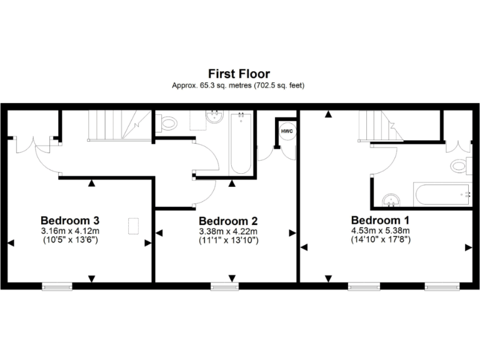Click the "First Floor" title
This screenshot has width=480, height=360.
click(240, 74)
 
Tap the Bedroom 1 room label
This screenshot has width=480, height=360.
click(380, 220)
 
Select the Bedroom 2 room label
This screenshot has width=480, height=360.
click(228, 221)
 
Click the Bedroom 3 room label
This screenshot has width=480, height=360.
click(70, 220)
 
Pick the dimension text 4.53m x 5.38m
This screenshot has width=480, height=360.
click(380, 229)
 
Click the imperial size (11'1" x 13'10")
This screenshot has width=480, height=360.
click(228, 239)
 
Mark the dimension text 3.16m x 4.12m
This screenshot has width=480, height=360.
click(70, 229)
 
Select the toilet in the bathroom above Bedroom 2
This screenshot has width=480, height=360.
click(167, 123)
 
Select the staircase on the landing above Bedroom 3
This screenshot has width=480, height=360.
click(119, 126)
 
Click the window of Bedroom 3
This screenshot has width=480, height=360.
click(57, 286)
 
